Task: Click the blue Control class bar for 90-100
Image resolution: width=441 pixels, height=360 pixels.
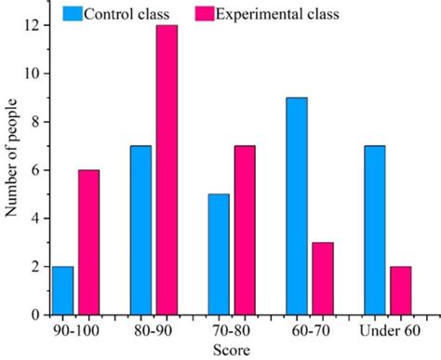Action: point(62,290)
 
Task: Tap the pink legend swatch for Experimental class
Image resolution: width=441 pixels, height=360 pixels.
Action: point(204,14)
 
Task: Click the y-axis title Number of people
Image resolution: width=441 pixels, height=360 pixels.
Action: point(11,158)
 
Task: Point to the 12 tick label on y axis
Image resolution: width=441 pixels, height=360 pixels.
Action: point(32,25)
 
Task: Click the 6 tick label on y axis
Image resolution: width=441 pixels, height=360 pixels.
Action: point(34,170)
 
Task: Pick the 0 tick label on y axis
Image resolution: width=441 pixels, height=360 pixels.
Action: point(34,314)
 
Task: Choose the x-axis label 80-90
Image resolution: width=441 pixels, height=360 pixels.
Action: point(151,330)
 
